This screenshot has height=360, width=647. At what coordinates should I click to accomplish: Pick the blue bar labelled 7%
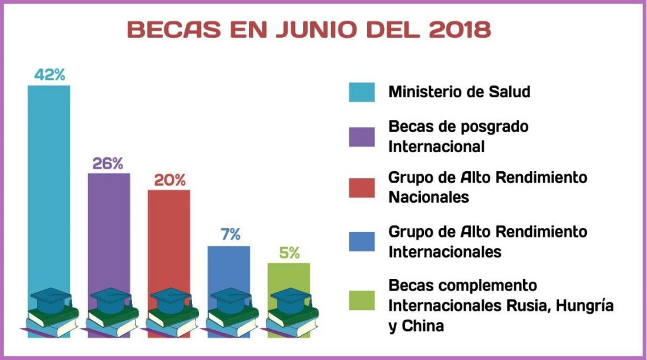pos(229,265)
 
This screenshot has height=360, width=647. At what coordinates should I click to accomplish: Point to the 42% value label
pos(49,75)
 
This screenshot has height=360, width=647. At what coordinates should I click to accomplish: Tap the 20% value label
pos(170,180)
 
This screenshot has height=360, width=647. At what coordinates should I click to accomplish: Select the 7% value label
pos(231,235)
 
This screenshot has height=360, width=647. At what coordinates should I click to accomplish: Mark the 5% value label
pos(289,253)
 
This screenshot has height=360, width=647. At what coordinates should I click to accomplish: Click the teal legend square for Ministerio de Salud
pos(361,92)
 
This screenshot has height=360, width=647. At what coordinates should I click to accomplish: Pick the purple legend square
pos(361,136)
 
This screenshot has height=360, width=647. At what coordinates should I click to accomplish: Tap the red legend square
pos(361,187)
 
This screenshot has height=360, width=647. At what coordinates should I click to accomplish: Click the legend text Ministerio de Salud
pos(459,92)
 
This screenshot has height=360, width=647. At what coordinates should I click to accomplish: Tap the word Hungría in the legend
pos(582,306)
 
